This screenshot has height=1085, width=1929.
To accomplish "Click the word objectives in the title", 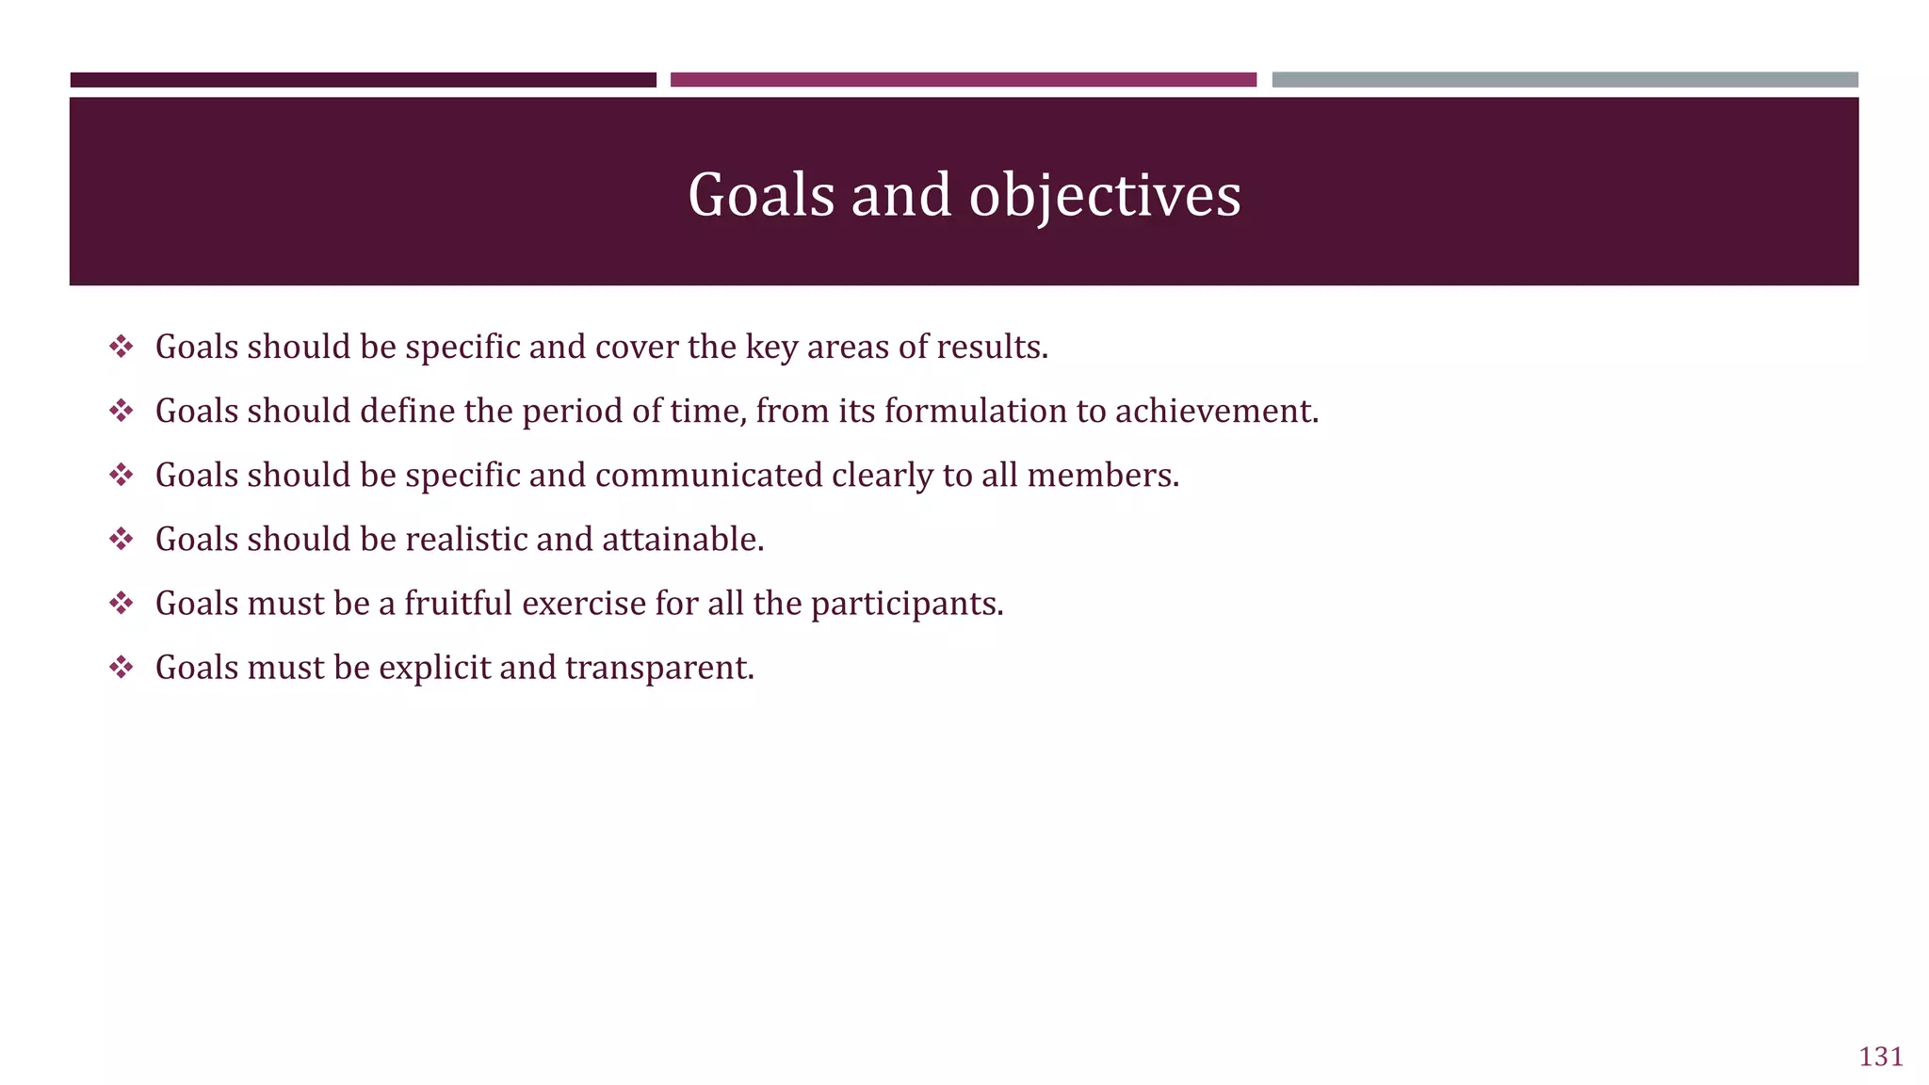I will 1105,196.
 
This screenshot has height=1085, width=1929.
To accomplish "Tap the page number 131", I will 1881,1057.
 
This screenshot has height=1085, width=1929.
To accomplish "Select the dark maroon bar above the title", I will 363,80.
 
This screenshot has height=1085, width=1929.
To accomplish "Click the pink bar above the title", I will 963,80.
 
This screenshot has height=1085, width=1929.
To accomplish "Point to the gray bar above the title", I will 1564,80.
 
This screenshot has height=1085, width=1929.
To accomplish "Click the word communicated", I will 708,476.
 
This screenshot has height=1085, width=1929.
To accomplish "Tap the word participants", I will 907,604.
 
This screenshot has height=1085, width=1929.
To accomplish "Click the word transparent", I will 659,668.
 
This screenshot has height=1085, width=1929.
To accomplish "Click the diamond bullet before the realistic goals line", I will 121,540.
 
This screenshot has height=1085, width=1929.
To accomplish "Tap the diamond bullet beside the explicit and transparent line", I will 121,668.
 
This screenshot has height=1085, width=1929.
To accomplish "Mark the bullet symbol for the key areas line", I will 121,348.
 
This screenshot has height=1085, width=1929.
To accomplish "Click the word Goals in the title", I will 761,196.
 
